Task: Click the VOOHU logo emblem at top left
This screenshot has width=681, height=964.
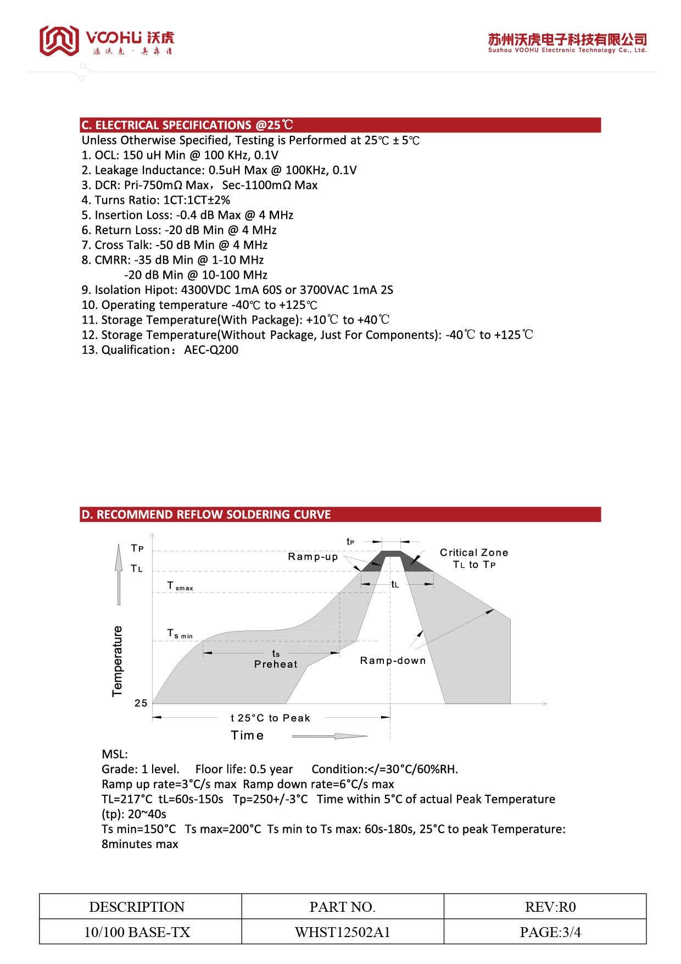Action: [x=59, y=40]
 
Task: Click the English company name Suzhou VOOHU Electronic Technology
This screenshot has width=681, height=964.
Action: [x=567, y=51]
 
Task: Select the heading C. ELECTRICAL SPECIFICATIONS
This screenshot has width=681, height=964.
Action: [x=187, y=125]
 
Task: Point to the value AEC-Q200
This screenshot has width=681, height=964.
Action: [x=211, y=350]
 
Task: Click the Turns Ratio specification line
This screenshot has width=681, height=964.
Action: [x=156, y=200]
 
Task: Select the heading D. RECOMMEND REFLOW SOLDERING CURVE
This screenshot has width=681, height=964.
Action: [x=206, y=515]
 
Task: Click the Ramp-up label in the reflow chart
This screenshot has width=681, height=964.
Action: [x=313, y=557]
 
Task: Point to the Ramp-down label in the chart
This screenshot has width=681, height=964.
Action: [x=393, y=661]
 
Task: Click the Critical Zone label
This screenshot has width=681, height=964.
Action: [x=474, y=553]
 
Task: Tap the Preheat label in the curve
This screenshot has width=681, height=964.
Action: [x=276, y=664]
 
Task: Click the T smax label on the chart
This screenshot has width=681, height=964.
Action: [x=180, y=587]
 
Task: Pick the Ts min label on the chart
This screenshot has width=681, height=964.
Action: [x=180, y=634]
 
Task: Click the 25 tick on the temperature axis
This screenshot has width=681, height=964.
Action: [x=141, y=703]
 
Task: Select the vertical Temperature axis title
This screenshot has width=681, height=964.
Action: [x=118, y=661]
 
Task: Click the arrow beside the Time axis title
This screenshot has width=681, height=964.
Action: [x=330, y=736]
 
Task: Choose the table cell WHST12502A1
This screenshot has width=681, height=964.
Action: [x=343, y=933]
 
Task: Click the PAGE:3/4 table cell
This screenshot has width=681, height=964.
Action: [x=550, y=933]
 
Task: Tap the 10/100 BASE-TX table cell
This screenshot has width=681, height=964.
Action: [x=137, y=933]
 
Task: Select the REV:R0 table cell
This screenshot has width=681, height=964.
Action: [x=550, y=907]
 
